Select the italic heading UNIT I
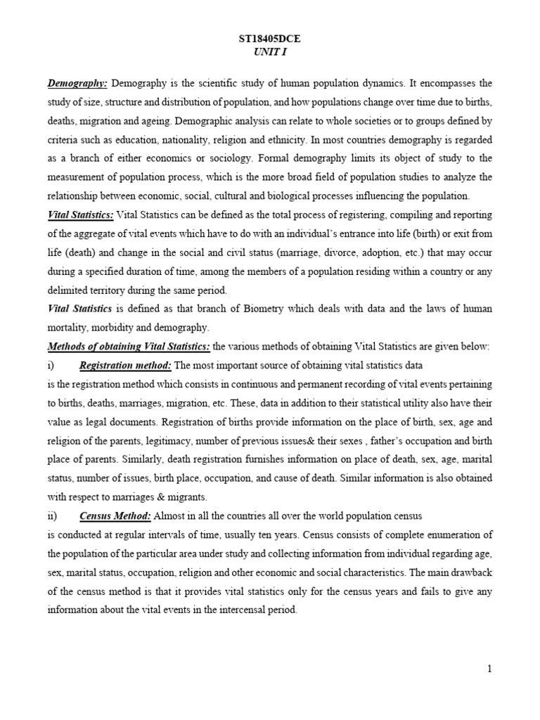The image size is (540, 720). pyautogui.click(x=270, y=52)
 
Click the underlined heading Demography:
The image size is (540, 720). pyautogui.click(x=77, y=84)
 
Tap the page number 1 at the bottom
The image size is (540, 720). pyautogui.click(x=489, y=669)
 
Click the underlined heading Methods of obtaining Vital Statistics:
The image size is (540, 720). pyautogui.click(x=129, y=347)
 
